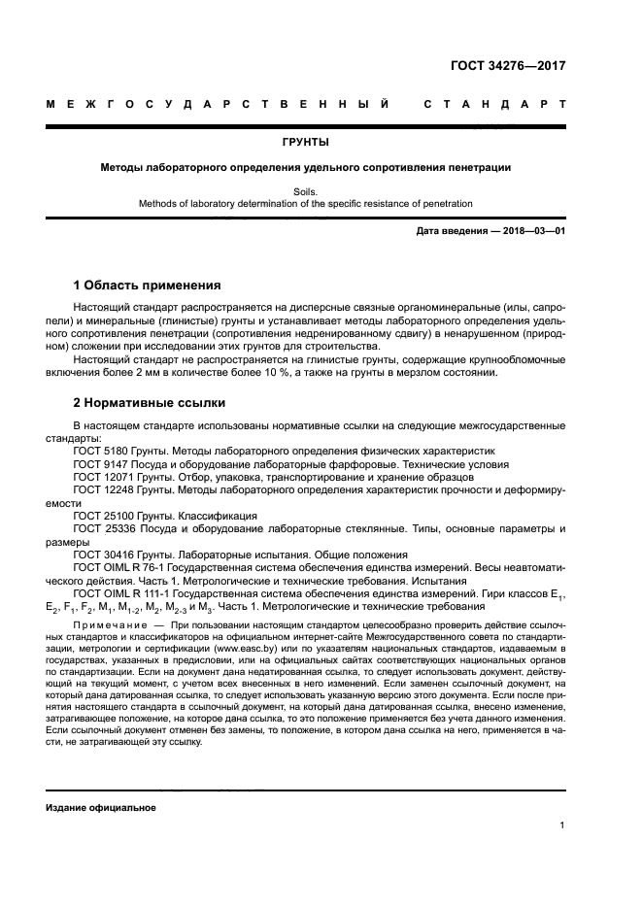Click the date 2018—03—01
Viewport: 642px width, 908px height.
530,231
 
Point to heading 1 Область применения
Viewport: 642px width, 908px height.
148,286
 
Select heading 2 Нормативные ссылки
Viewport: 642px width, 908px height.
150,401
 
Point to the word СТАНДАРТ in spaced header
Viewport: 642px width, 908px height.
494,103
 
